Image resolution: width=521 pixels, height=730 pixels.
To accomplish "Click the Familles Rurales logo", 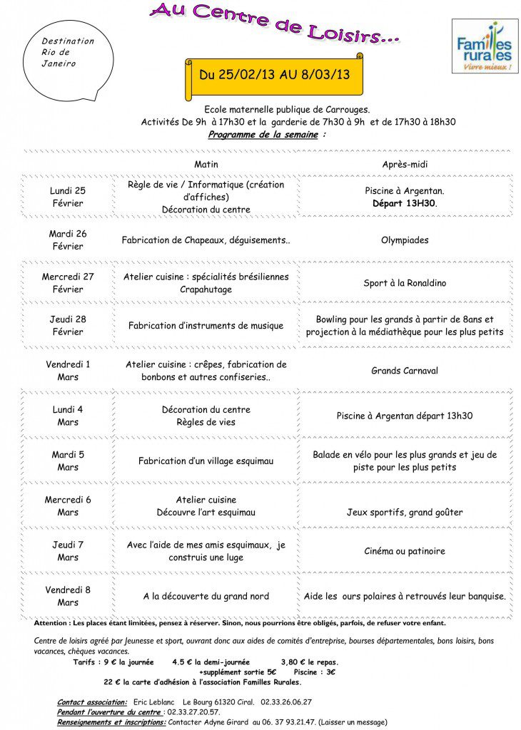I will click(485, 47).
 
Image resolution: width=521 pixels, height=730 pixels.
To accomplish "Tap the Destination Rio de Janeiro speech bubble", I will click(69, 53).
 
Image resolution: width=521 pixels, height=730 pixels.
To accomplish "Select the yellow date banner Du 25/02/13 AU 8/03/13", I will click(275, 75).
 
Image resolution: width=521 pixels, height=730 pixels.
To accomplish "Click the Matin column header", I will click(206, 165).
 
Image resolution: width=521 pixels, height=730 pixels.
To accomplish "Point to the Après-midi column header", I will click(405, 165).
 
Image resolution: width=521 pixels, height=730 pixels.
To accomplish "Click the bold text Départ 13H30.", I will click(405, 203).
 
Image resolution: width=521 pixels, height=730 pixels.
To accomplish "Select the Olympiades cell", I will click(405, 240).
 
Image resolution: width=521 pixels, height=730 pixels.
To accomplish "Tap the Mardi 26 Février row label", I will click(68, 240).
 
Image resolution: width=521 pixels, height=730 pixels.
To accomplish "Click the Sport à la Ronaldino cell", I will click(405, 283).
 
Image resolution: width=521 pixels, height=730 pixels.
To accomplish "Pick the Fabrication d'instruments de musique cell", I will click(206, 326).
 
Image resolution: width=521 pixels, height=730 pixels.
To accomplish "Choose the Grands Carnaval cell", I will click(405, 371).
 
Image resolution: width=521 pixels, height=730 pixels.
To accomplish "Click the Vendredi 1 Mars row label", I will click(68, 371).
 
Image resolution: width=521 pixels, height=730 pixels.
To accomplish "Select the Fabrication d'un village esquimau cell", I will click(206, 461).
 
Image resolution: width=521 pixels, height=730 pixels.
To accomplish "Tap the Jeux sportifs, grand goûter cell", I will click(405, 512).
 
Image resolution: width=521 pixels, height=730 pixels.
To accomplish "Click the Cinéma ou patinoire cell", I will click(405, 551).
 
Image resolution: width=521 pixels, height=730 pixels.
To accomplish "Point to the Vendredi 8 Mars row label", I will click(68, 596).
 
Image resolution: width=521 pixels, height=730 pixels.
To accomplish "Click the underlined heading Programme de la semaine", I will click(263, 134).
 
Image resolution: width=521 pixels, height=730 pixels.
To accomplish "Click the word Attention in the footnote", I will click(49, 622).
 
